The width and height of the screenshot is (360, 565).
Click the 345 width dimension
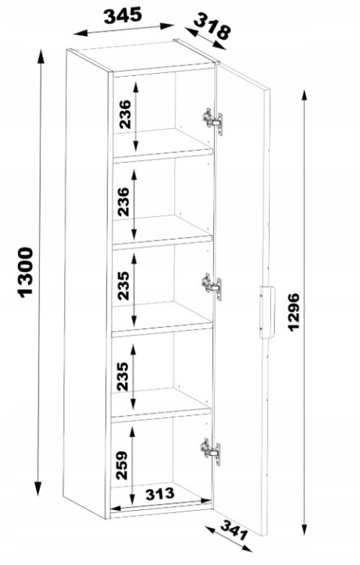pyautogui.click(x=123, y=17)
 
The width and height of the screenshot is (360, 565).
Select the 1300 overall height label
pyautogui.click(x=25, y=272)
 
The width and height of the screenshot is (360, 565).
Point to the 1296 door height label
pyautogui.click(x=294, y=312)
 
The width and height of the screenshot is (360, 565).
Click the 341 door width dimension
pyautogui.click(x=234, y=530)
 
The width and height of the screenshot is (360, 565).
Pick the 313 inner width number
pyautogui.click(x=160, y=493)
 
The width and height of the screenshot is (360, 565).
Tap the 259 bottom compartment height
pyautogui.click(x=123, y=465)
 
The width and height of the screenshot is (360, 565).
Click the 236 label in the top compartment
pyautogui.click(x=125, y=115)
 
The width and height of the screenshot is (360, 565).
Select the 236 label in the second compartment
pyautogui.click(x=124, y=201)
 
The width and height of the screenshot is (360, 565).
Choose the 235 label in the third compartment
pyautogui.click(x=124, y=286)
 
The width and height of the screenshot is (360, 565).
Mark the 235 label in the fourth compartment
pyautogui.click(x=123, y=377)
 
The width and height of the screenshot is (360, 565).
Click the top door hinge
pyautogui.click(x=212, y=121)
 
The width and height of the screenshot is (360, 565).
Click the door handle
pyautogui.click(x=267, y=312)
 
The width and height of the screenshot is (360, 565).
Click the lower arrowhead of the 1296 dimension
pyautogui.click(x=305, y=529)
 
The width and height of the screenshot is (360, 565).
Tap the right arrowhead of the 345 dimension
pyautogui.click(x=167, y=26)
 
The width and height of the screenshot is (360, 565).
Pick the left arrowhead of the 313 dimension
pyautogui.click(x=116, y=508)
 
